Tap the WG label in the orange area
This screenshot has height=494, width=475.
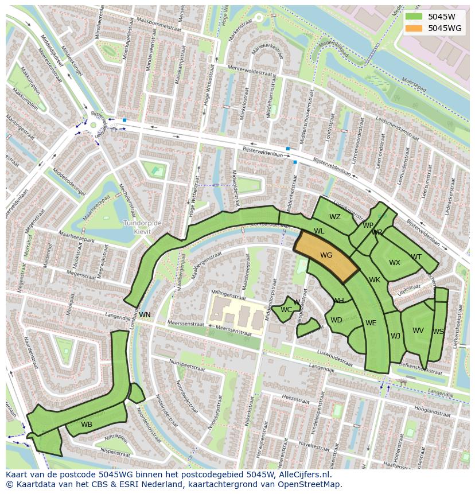click(326, 255)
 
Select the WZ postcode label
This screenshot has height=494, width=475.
click(335, 217)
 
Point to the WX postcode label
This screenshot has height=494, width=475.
click(395, 263)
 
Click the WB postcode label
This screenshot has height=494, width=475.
click(87, 425)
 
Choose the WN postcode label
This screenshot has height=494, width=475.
click(145, 315)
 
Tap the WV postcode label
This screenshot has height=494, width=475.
click(418, 330)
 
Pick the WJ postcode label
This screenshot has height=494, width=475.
click(396, 336)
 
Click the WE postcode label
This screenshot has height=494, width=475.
click(371, 323)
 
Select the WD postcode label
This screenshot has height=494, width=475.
click(337, 320)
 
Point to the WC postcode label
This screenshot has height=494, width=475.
click(286, 310)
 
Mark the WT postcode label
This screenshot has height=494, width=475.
click(416, 257)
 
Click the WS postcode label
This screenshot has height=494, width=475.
click(438, 332)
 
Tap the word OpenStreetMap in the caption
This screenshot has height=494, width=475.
click(312, 484)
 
